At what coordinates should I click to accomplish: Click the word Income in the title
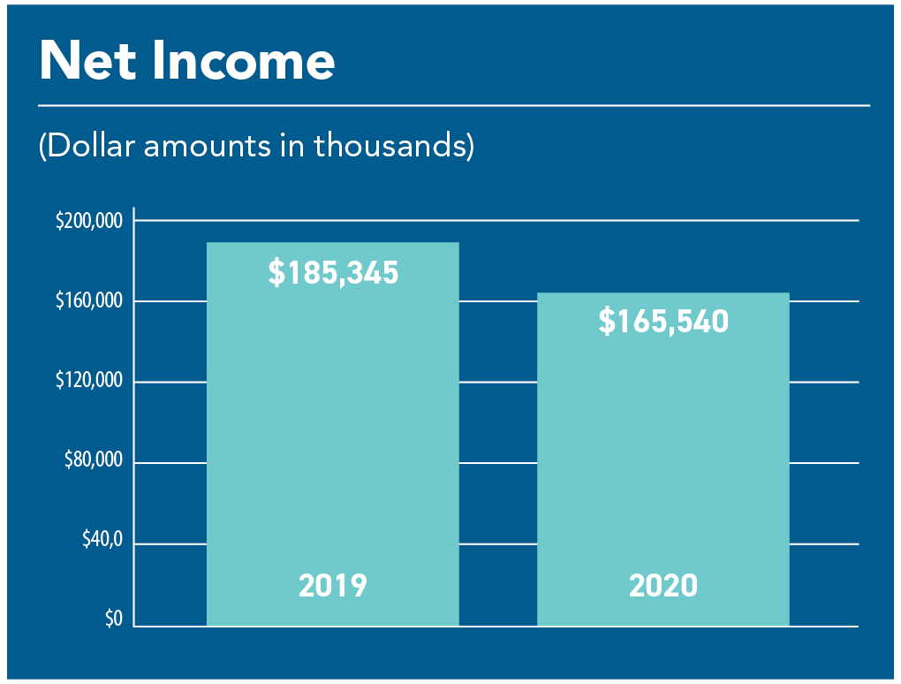pos(244,60)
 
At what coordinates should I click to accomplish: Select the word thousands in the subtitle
pos(390,146)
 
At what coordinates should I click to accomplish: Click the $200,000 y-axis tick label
pos(89,220)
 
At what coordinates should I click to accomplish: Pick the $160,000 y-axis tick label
pos(89,300)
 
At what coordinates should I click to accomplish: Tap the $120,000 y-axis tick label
pos(89,380)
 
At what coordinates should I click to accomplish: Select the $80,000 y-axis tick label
pos(94,460)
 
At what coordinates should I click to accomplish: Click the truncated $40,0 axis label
pos(102,539)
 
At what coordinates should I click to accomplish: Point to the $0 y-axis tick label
pos(114,619)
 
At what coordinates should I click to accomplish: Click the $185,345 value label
pos(333,272)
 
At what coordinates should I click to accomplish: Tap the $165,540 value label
pos(663,321)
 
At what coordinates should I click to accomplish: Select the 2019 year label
pos(333,586)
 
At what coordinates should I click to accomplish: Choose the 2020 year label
pos(663,586)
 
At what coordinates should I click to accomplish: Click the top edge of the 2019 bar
pos(333,242)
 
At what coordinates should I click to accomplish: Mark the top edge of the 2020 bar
pos(663,293)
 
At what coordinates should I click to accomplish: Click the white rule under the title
pos(454,106)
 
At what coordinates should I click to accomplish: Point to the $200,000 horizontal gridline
pos(496,220)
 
